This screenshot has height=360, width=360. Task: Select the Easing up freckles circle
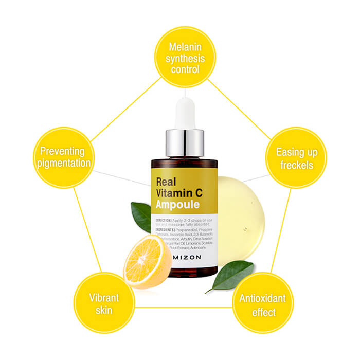coord(296,158)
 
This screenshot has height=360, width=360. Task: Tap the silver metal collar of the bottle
coord(184,144)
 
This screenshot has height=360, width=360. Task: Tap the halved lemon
coord(148,262)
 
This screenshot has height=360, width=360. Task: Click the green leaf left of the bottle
coord(140,216)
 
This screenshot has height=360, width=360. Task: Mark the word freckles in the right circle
coord(297,165)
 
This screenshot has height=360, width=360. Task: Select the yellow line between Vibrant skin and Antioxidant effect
coord(183,308)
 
